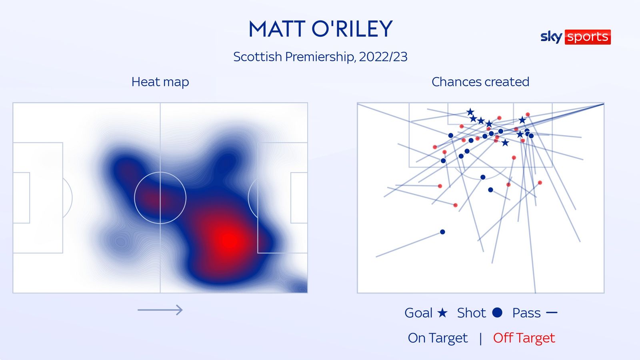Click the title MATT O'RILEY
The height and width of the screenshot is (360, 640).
(x=320, y=29)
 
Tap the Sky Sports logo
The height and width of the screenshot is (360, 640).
(x=575, y=37)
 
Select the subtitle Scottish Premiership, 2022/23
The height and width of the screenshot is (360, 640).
(x=320, y=57)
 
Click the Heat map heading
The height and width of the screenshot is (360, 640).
(x=160, y=82)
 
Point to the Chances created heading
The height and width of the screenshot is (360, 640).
(x=480, y=82)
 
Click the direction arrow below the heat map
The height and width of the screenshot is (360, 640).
(x=160, y=310)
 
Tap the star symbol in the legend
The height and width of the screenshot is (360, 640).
(x=442, y=312)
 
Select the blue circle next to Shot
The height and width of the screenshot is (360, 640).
(x=497, y=312)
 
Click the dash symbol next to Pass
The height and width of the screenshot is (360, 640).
(x=552, y=312)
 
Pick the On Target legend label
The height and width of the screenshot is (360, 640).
(x=438, y=338)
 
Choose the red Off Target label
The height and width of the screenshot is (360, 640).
(x=524, y=338)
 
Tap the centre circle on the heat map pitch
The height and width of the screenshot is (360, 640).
(x=160, y=198)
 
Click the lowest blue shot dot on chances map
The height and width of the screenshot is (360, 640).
(x=442, y=232)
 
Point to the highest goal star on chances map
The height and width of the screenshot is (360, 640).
(x=470, y=112)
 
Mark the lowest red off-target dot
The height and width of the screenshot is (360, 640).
(x=455, y=205)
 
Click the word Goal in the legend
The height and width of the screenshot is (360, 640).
(x=418, y=313)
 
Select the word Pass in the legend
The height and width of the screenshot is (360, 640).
(x=526, y=313)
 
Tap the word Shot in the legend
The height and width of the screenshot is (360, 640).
(x=471, y=313)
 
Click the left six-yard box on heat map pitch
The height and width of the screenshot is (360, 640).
(x=22, y=198)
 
